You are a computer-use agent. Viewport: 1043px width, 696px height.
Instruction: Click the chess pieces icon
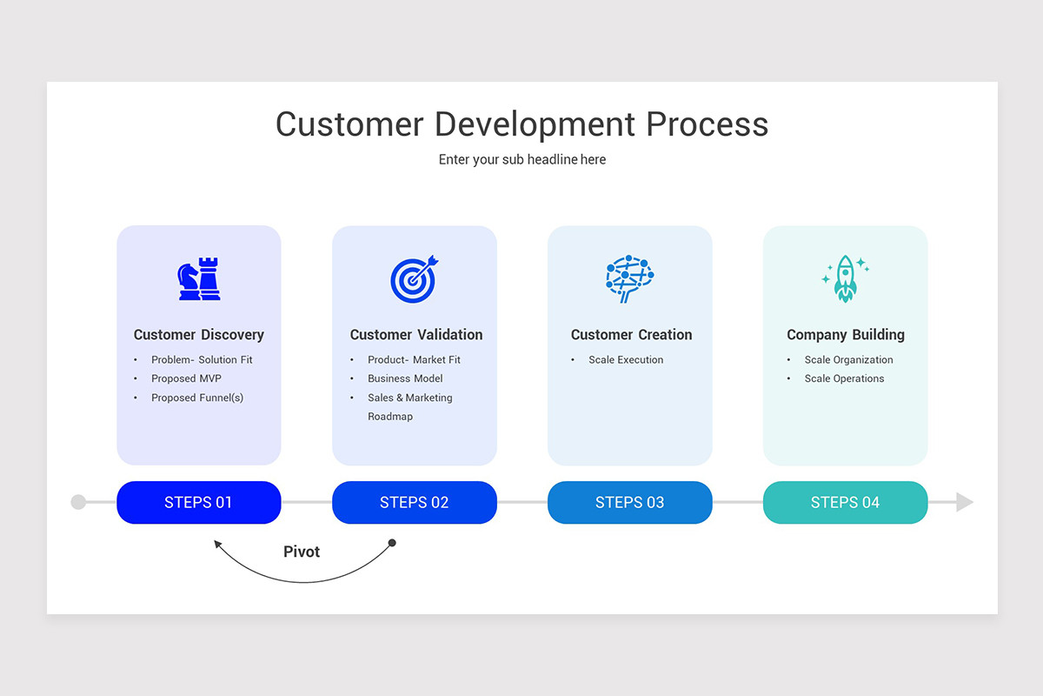(199, 279)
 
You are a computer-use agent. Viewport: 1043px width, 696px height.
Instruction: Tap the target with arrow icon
(415, 279)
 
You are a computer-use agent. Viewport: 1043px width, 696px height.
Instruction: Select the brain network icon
(629, 278)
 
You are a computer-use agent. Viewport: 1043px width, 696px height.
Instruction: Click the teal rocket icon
(845, 278)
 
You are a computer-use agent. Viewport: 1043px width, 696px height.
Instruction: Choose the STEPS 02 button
(415, 502)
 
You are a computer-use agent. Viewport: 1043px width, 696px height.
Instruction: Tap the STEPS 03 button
(629, 502)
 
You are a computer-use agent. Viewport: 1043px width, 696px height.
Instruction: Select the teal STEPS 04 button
(845, 502)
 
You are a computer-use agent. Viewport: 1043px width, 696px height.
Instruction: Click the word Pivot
(302, 552)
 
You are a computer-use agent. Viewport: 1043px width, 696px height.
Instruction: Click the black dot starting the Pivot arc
(392, 543)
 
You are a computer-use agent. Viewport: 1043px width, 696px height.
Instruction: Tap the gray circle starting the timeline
(78, 502)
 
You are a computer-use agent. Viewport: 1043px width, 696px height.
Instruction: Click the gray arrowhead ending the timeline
(964, 502)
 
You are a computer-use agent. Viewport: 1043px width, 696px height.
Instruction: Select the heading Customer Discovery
(199, 335)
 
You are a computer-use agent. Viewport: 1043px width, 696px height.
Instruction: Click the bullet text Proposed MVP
(186, 378)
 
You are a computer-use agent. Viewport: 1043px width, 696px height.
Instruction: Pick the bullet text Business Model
(405, 378)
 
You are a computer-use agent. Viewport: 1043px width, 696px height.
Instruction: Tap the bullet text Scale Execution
(626, 359)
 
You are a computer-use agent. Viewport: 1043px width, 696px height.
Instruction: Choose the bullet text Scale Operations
(844, 378)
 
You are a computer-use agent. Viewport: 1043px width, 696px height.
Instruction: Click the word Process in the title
(708, 124)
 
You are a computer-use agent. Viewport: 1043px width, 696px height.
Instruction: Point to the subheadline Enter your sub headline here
(522, 159)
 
